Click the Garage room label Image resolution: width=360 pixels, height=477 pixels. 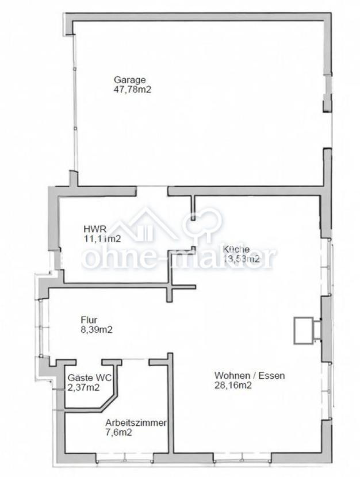click(129, 80)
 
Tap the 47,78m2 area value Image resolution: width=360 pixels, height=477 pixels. click(132, 90)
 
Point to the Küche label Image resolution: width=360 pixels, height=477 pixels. click(236, 249)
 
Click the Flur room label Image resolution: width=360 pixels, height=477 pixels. click(89, 320)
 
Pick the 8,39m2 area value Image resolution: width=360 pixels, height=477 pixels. click(96, 330)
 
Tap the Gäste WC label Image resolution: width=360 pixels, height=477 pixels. click(89, 378)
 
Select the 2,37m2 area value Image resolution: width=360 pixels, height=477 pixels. click(83, 387)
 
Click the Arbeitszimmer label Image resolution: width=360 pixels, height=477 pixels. click(136, 422)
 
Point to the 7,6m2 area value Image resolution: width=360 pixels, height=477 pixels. click(118, 432)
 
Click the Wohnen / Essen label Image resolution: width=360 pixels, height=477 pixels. click(250, 376)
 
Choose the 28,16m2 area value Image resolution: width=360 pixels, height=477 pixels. click(233, 386)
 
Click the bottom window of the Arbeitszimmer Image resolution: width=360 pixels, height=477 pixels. click(125, 458)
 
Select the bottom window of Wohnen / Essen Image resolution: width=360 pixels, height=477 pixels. click(242, 458)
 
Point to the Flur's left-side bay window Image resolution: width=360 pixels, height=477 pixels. click(41, 325)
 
